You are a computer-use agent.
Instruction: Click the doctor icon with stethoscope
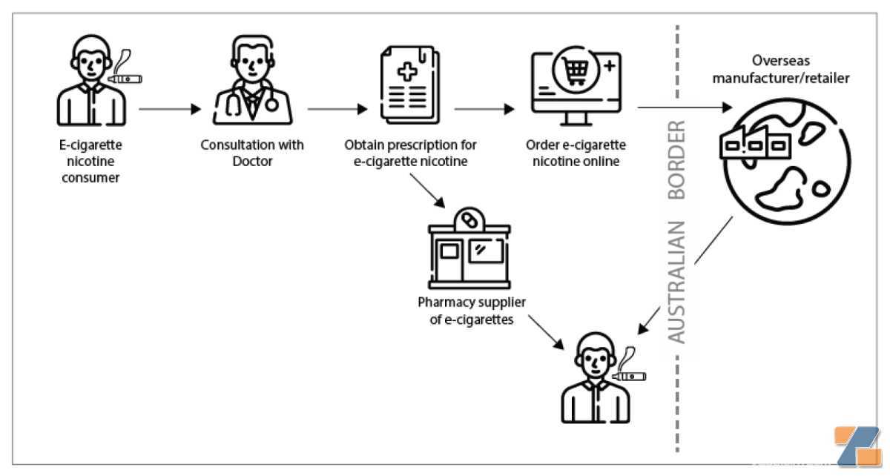253,80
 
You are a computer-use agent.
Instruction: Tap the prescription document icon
410,85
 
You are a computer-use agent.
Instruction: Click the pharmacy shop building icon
469,248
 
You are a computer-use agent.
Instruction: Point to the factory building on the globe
755,142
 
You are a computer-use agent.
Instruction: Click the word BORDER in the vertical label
677,159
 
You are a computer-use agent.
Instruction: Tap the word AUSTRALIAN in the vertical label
677,282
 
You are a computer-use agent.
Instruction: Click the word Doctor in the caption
252,162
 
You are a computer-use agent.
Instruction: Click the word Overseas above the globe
781,60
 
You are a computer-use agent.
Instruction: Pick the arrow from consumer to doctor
170,109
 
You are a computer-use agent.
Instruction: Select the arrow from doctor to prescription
337,109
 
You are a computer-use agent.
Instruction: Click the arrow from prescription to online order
484,109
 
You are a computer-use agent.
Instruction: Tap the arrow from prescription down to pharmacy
427,191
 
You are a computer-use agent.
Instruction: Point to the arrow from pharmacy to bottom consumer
546,333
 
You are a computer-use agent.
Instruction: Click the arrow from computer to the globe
685,108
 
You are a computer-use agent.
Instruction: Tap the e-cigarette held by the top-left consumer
125,79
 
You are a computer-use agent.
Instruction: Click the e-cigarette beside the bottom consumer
629,376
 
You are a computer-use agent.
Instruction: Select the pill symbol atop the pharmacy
469,220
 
